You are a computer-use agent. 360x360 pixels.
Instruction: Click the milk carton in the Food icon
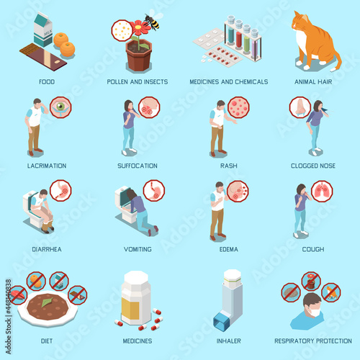point(43,30)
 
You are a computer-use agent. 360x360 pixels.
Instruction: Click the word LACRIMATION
point(47,166)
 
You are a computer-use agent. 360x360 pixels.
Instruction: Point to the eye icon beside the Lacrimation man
point(60,107)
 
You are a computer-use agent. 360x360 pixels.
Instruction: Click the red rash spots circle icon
point(238,107)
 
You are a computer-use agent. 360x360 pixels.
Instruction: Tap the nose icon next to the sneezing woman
point(300,107)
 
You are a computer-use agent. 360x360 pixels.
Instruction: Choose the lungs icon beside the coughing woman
point(322,192)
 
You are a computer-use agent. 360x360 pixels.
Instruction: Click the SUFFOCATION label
point(138,166)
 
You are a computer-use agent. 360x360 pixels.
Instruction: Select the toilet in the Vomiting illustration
point(124,203)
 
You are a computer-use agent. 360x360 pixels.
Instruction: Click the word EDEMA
point(229,249)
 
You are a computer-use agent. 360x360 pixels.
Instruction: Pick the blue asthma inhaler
point(228,300)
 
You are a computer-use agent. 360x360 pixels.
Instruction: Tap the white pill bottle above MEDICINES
point(136,297)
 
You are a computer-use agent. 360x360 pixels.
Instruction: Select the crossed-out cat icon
point(331,292)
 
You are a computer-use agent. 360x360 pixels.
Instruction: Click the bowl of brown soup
point(48,308)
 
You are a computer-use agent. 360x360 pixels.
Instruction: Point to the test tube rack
point(243,37)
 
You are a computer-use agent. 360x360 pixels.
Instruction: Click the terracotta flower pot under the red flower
point(139,55)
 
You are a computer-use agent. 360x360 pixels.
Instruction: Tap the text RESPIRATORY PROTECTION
point(313,341)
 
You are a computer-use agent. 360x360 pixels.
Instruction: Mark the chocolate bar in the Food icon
point(43,57)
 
